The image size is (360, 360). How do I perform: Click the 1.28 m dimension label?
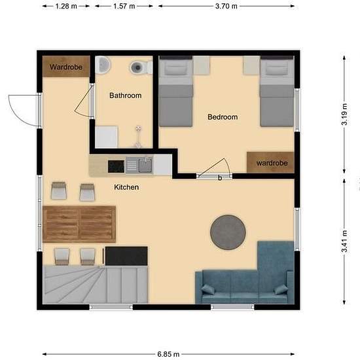(66, 6)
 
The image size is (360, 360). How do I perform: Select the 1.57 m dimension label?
(124, 6)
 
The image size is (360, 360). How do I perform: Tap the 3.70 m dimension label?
(226, 6)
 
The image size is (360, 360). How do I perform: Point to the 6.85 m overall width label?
(168, 354)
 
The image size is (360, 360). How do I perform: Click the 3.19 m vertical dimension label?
(344, 114)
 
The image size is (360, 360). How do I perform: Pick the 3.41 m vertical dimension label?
(344, 242)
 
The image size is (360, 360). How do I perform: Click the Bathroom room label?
(126, 96)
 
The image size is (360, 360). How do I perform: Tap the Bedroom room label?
(223, 117)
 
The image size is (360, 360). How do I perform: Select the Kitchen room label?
(126, 187)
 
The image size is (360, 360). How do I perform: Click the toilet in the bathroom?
(141, 67)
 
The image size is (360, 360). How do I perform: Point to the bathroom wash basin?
(103, 65)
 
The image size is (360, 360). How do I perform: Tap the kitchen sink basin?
(145, 164)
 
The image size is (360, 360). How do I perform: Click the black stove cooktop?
(116, 166)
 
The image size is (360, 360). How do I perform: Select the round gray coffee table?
(228, 232)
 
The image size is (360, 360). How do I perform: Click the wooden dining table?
(79, 225)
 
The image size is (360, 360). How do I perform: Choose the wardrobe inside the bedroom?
(271, 162)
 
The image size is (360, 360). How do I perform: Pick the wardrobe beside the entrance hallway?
(66, 67)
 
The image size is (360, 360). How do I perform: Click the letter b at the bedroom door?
(220, 178)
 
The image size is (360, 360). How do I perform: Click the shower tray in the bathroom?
(107, 137)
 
